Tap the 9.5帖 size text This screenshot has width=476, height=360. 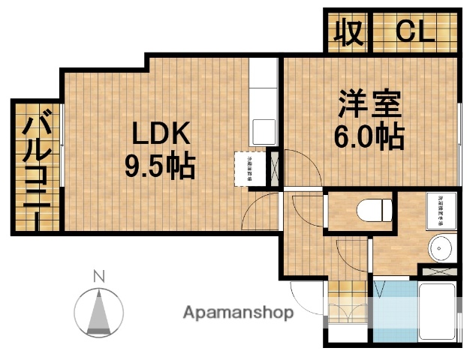(x=159, y=165)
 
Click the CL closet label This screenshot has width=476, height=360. (x=414, y=31)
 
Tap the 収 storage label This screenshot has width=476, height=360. (x=348, y=31)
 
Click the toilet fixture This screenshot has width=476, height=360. (x=375, y=210)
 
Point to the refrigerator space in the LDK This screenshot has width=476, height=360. (x=249, y=169)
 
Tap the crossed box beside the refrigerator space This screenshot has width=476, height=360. (x=275, y=169)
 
